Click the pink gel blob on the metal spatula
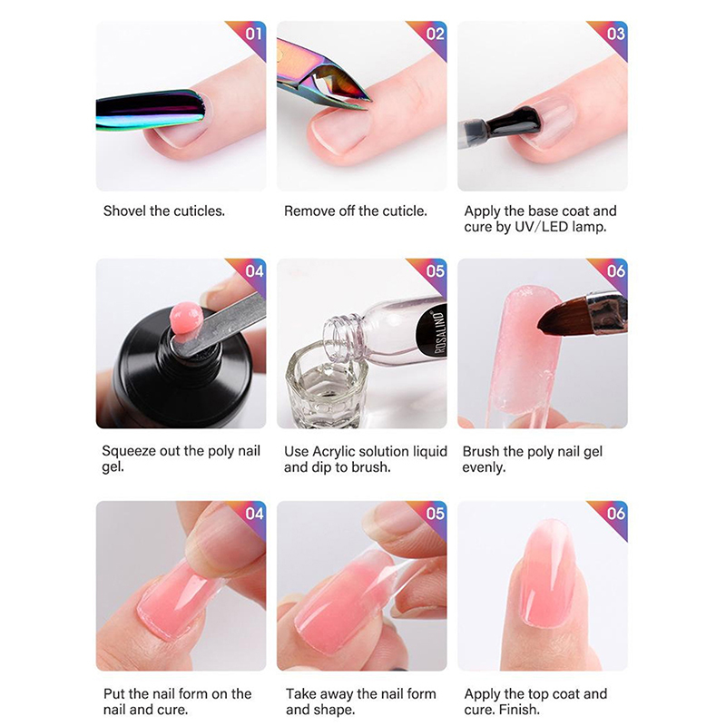pyautogui.click(x=186, y=317)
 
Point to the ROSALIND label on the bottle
pyautogui.click(x=440, y=332)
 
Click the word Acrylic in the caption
pyautogui.click(x=334, y=452)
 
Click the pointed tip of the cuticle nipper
pyautogui.click(x=369, y=101)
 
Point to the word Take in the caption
pyautogui.click(x=301, y=693)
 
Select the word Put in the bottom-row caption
pyautogui.click(x=114, y=693)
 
